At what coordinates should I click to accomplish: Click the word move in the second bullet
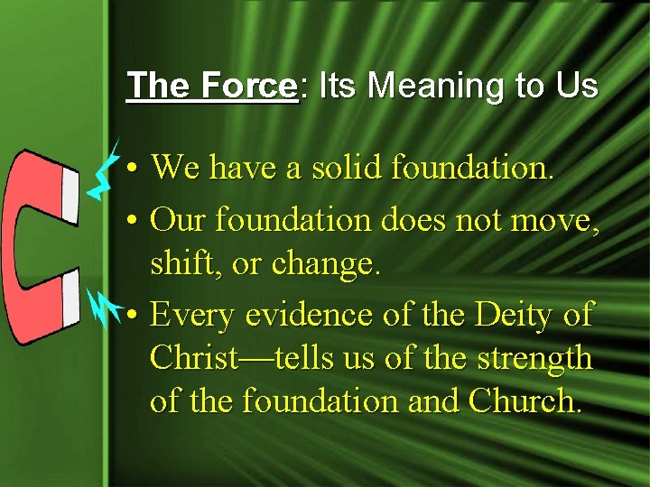[x=550, y=218]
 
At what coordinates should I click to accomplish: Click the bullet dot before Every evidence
[x=132, y=317]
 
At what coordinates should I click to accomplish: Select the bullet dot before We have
[x=132, y=168]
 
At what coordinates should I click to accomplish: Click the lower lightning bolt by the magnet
[x=108, y=306]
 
